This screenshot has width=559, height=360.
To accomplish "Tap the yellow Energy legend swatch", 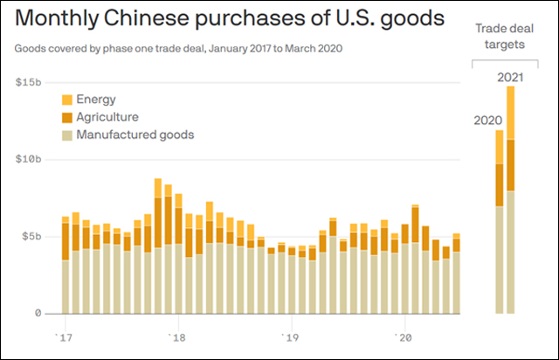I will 67,100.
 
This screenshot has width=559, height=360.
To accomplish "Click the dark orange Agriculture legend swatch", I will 67,117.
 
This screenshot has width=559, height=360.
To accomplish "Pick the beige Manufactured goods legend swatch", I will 67,135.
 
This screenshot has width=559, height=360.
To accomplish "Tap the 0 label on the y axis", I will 38,313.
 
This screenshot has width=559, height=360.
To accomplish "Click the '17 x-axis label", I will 64,336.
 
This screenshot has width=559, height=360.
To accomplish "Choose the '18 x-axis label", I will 177,336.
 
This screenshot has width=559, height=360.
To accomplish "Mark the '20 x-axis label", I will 404,336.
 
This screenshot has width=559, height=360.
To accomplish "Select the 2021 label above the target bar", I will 510,78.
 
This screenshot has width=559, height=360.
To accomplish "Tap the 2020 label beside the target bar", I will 487,120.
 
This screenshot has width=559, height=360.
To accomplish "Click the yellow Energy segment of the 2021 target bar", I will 511,112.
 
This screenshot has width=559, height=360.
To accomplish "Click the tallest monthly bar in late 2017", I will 158,245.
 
